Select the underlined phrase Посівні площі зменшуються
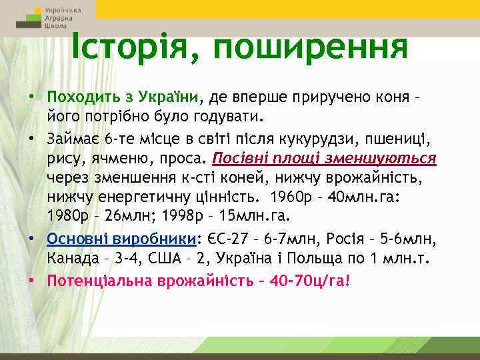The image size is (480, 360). [x=324, y=158]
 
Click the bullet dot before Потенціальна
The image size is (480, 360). [x=31, y=279]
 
